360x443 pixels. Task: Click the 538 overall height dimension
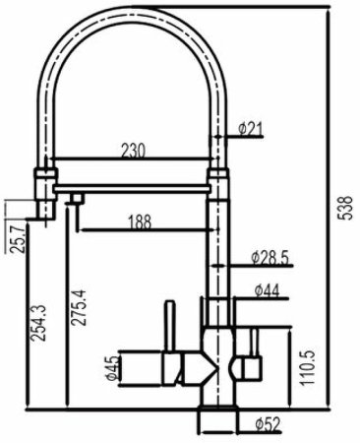(x=346, y=208)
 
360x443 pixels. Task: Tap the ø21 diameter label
(x=251, y=129)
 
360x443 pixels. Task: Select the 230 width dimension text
(x=133, y=151)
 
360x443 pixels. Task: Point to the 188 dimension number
(x=140, y=221)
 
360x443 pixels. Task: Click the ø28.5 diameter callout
(x=270, y=258)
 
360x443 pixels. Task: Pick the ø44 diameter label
(x=268, y=290)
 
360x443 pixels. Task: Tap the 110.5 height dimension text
(x=308, y=368)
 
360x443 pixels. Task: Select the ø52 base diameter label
(x=269, y=424)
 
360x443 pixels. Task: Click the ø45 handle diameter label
(x=112, y=368)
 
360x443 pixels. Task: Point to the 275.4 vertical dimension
(x=79, y=307)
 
